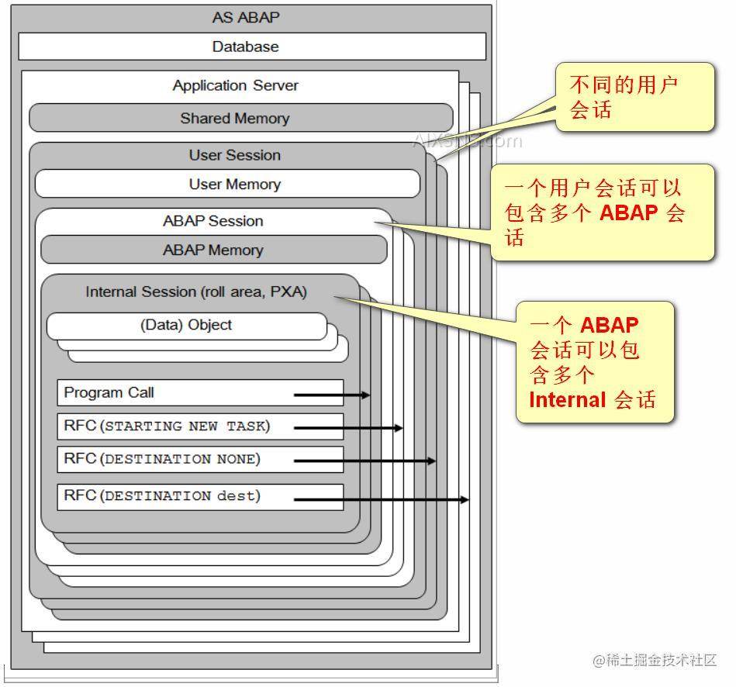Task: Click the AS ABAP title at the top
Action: point(245,17)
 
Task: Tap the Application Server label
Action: point(235,85)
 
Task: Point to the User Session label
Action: point(234,155)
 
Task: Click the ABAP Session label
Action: point(213,221)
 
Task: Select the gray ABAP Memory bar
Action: point(213,250)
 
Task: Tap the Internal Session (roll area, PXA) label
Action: point(196,292)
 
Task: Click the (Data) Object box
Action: point(186,325)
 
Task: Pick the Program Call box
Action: point(199,392)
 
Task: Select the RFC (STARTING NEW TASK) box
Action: point(199,426)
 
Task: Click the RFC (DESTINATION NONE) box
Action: point(199,459)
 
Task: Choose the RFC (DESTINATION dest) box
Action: point(199,496)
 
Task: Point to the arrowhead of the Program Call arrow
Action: point(366,395)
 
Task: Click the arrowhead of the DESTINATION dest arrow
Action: point(465,499)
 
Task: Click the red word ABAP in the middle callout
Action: point(631,213)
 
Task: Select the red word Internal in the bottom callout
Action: point(567,400)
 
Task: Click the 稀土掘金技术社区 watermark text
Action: point(661,660)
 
